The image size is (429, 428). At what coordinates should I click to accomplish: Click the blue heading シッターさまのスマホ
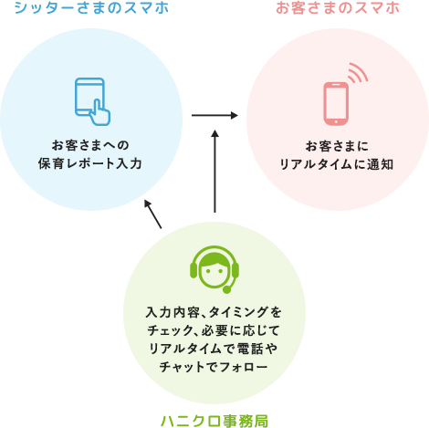pos(91,8)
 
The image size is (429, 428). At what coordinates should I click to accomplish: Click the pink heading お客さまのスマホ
pos(337,8)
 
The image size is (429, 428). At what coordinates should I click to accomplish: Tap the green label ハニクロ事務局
pos(214,420)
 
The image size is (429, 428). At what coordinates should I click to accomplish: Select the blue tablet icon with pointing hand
pos(90,99)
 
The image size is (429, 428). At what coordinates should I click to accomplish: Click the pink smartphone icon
pos(336,103)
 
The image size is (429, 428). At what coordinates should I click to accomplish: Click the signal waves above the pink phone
pos(357,73)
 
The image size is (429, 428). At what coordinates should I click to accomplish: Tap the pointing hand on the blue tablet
pos(100,114)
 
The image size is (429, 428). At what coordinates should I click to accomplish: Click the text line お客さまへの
pos(90,144)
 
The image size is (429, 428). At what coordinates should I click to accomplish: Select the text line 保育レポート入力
pos(90,163)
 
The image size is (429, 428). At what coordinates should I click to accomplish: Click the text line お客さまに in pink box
pos(337,145)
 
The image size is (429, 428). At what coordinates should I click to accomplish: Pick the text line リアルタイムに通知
pos(337,164)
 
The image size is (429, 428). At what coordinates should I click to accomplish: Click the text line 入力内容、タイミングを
pos(214,311)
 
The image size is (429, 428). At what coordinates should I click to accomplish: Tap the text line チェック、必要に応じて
pos(214,329)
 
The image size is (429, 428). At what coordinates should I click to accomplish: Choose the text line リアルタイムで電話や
pos(214,348)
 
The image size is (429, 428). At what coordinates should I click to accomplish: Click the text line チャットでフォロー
pos(214,366)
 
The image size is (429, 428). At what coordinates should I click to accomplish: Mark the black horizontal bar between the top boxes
pos(214,115)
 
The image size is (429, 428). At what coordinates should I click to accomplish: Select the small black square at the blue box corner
pos(153,214)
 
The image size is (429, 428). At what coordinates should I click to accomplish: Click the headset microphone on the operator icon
pos(226,288)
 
